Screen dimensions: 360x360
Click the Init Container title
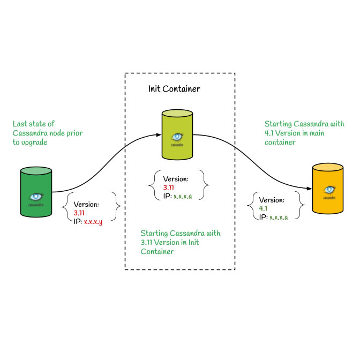point(174,89)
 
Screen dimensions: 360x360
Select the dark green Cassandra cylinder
point(36,192)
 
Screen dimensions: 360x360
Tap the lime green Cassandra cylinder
point(177,135)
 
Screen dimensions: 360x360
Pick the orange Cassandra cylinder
point(328,189)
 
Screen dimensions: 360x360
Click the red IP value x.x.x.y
point(93,222)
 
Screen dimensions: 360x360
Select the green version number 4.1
point(263,208)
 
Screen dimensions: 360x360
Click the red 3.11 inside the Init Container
point(169,187)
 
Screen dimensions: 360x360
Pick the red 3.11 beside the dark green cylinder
point(79,213)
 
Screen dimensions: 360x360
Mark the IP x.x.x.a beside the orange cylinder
point(279,217)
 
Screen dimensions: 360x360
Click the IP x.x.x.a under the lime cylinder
point(183,197)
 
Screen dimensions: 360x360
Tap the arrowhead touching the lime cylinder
point(159,135)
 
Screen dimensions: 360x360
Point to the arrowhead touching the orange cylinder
point(309,189)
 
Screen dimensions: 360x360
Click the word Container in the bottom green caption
point(157,251)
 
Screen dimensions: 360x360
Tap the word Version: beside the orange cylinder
point(272,200)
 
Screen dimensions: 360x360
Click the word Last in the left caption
point(20,124)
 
